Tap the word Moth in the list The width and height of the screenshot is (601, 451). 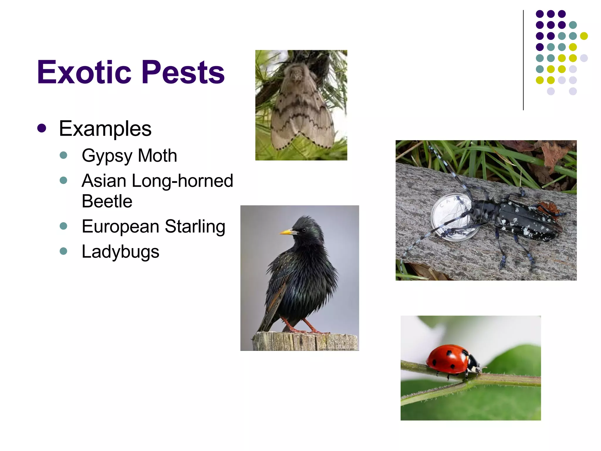(x=157, y=155)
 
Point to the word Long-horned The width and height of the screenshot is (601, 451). (x=182, y=181)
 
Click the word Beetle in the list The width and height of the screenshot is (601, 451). (x=107, y=201)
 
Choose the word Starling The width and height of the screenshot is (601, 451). (x=195, y=226)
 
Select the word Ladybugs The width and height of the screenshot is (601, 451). (x=120, y=252)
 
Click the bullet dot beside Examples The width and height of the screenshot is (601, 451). (x=42, y=128)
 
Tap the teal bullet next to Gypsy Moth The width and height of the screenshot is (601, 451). (x=63, y=155)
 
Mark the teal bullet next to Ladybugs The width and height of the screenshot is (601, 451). (x=63, y=251)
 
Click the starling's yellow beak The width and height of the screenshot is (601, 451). (x=286, y=232)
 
